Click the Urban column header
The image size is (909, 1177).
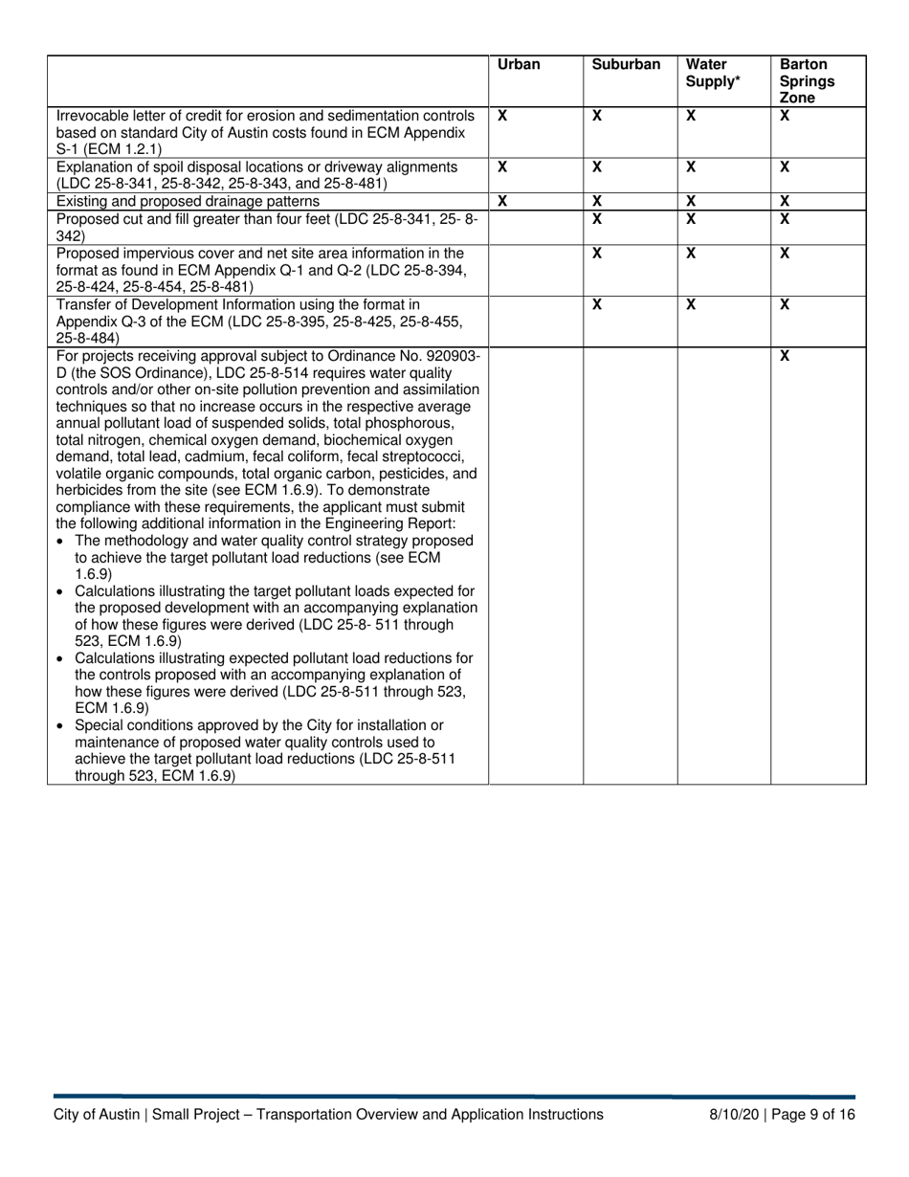pos(519,65)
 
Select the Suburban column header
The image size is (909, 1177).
pos(626,65)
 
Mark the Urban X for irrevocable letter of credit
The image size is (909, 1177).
pos(503,115)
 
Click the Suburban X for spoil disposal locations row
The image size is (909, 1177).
pos(597,167)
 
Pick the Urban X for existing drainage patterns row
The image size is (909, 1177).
pos(503,201)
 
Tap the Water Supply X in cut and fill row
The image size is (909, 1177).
pos(691,218)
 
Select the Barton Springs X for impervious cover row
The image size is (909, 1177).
pos(785,253)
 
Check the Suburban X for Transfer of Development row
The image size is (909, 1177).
pos(597,304)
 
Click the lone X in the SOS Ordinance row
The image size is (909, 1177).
pos(785,356)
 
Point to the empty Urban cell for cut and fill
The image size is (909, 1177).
pos(536,227)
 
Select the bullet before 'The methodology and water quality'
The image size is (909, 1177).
pos(62,541)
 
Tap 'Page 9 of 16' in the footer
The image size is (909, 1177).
pos(813,1114)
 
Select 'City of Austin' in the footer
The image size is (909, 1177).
pos(96,1114)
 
